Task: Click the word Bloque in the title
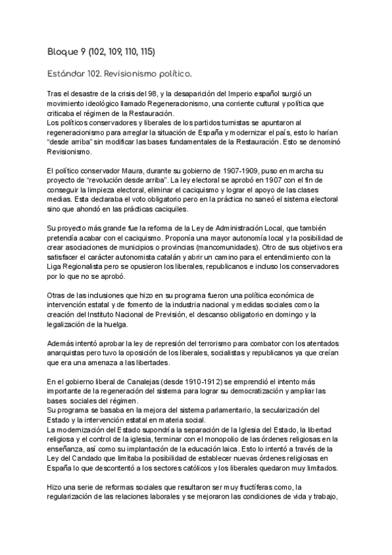click(63, 50)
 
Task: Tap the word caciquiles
click(167, 209)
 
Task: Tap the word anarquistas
click(73, 354)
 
